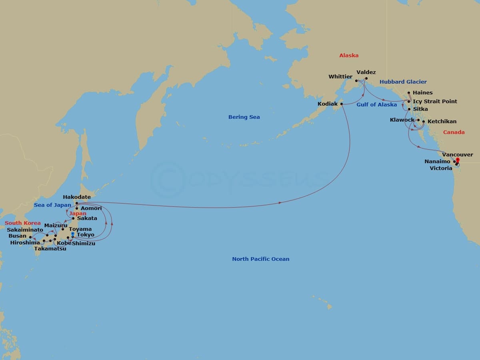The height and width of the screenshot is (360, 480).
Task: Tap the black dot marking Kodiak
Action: (x=342, y=104)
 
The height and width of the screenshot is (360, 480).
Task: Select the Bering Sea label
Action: (x=244, y=117)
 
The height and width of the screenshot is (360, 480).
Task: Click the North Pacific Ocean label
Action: (x=260, y=259)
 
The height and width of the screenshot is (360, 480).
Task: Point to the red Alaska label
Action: (x=349, y=56)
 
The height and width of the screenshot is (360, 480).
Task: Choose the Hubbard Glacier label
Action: (x=403, y=82)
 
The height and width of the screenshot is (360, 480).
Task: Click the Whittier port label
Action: (x=340, y=76)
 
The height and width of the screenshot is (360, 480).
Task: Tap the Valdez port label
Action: (x=366, y=72)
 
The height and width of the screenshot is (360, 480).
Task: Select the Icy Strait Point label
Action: (x=435, y=102)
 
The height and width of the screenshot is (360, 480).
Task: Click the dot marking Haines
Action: (x=408, y=93)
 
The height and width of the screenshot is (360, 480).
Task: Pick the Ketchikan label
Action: (x=442, y=122)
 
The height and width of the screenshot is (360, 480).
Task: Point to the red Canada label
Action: (x=454, y=132)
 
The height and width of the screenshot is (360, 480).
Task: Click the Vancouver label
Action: (x=458, y=155)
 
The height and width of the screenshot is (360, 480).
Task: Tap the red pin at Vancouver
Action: (x=458, y=161)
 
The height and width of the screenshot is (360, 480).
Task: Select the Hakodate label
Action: (x=77, y=197)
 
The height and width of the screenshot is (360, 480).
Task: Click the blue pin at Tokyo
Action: (x=72, y=234)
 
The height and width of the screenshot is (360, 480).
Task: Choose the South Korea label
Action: (x=22, y=223)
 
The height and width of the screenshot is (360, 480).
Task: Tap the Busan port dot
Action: (x=30, y=237)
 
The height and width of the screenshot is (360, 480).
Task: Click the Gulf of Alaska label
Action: (x=376, y=105)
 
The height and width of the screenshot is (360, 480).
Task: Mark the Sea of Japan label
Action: (x=52, y=205)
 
